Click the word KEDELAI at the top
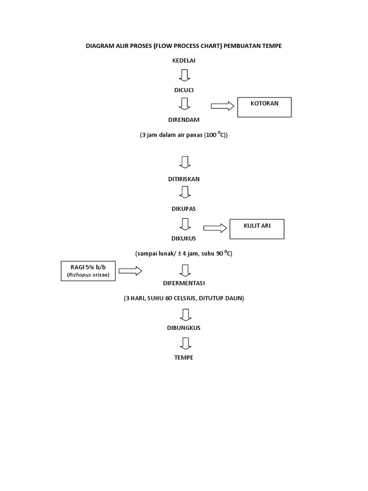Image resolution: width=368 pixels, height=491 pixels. [184, 60]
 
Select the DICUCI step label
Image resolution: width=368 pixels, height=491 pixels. [184, 90]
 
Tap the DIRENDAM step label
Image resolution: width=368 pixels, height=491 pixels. [184, 119]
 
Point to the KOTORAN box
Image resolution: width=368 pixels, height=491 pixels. [264, 107]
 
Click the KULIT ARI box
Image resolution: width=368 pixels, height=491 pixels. [257, 229]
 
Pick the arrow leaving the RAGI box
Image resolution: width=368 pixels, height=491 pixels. [130, 271]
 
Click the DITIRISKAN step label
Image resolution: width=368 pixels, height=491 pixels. [184, 179]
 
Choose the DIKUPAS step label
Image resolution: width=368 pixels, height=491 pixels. [184, 209]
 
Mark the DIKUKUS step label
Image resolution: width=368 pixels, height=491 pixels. [184, 238]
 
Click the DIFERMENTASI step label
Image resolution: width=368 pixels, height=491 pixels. [184, 283]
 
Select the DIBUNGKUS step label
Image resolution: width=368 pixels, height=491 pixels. [184, 328]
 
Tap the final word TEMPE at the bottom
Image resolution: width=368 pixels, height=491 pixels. [184, 358]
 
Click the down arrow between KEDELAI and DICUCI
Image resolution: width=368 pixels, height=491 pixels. [184, 75]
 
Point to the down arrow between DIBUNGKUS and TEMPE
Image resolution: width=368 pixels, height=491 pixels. [184, 343]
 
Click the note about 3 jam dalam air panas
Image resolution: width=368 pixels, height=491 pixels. [184, 135]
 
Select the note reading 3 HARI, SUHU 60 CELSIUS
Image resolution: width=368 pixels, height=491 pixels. [184, 298]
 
